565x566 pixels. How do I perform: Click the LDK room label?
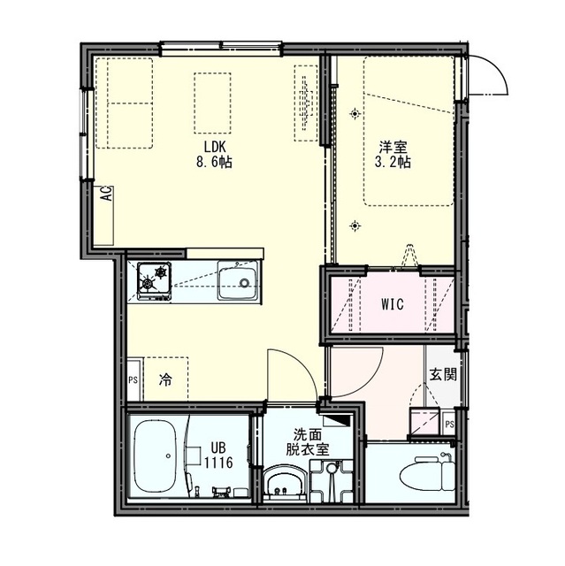pyautogui.click(x=215, y=147)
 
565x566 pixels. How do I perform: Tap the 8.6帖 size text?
pyautogui.click(x=214, y=162)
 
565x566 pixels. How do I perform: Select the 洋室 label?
pyautogui.click(x=393, y=147)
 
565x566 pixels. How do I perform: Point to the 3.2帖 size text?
pyautogui.click(x=393, y=162)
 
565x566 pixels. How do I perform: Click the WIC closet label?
pyautogui.click(x=393, y=304)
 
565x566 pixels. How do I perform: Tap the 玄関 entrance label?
pyautogui.click(x=443, y=375)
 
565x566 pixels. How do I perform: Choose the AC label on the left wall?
pyautogui.click(x=106, y=194)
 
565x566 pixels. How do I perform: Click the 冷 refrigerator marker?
pyautogui.click(x=165, y=379)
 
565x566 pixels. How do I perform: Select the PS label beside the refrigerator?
pyautogui.click(x=134, y=380)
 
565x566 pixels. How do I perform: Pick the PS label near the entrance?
pyautogui.click(x=449, y=424)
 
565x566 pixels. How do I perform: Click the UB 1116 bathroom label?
pyautogui.click(x=218, y=455)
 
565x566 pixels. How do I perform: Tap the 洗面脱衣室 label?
pyautogui.click(x=308, y=442)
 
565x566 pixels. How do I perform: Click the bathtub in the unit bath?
pyautogui.click(x=155, y=455)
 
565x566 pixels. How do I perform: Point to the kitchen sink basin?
pyautogui.click(x=238, y=280)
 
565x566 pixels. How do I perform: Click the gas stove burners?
pyautogui.click(x=155, y=281)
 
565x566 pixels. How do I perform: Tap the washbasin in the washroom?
pyautogui.click(x=285, y=484)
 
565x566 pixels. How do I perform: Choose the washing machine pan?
pyautogui.click(x=332, y=481)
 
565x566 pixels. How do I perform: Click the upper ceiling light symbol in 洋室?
pyautogui.click(x=355, y=114)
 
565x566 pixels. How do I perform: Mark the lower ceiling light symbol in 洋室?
pyautogui.click(x=355, y=226)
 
